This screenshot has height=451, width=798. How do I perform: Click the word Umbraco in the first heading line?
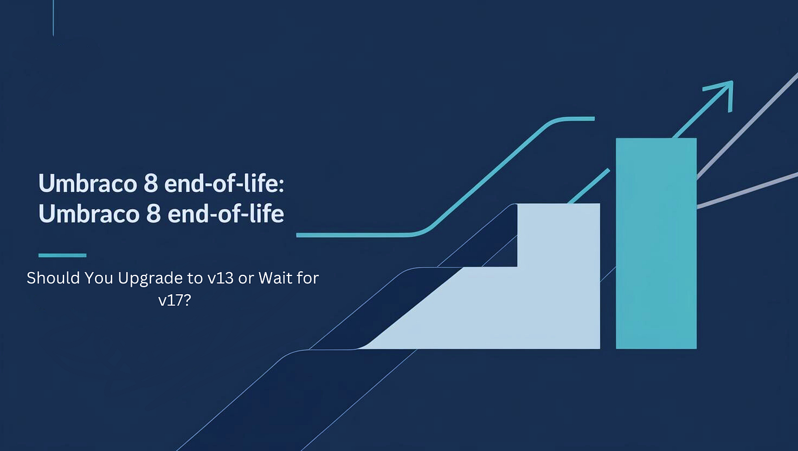click(x=82, y=183)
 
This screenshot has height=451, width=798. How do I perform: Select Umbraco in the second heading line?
click(x=82, y=214)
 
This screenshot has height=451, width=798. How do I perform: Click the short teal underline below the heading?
click(x=62, y=255)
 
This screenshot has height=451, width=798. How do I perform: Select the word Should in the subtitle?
click(x=49, y=278)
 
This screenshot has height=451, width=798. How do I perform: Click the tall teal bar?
click(x=656, y=243)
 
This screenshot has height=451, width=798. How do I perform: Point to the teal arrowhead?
click(x=722, y=94)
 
